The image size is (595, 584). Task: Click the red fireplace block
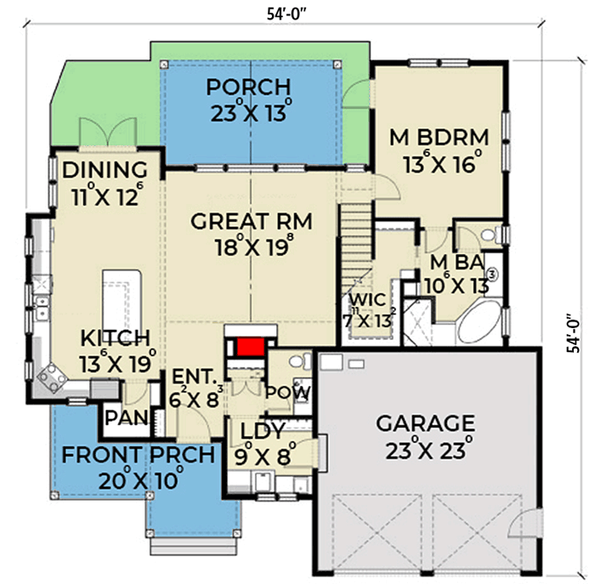point(248,347)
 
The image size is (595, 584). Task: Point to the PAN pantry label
point(122,417)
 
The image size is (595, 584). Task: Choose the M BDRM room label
point(439,137)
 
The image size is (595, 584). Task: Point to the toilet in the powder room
point(297,363)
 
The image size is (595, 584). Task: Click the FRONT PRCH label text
point(137,456)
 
